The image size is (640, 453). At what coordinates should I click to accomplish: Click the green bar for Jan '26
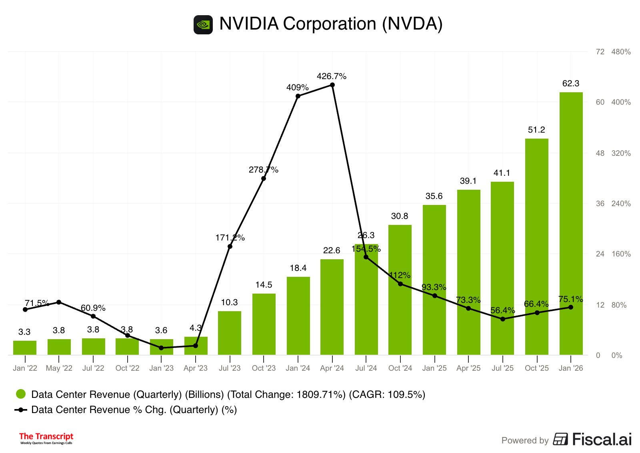click(571, 224)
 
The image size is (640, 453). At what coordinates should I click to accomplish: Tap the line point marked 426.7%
click(332, 85)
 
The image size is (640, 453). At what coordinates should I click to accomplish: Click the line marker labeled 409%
click(298, 96)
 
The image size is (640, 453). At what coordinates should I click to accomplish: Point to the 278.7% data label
click(263, 170)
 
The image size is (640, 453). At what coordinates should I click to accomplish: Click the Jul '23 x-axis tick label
click(230, 368)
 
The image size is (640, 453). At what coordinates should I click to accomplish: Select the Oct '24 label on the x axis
click(400, 368)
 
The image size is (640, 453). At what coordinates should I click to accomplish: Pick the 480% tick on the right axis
click(621, 52)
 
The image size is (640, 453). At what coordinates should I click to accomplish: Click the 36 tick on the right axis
click(600, 204)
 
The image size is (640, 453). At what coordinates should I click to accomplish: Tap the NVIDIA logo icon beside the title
click(203, 25)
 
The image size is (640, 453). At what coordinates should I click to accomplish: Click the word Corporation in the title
click(330, 24)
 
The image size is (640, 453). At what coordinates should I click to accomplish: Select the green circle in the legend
click(21, 394)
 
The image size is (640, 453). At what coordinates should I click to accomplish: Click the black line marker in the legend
click(21, 410)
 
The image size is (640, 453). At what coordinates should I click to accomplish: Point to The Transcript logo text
click(46, 437)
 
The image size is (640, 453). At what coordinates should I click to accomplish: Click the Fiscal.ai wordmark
click(602, 439)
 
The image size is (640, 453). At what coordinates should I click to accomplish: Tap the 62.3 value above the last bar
click(571, 83)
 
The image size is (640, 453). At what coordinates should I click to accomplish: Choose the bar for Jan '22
click(25, 348)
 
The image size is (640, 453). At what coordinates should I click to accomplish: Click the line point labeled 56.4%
click(502, 319)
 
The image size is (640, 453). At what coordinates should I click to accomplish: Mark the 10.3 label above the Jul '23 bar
click(230, 302)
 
